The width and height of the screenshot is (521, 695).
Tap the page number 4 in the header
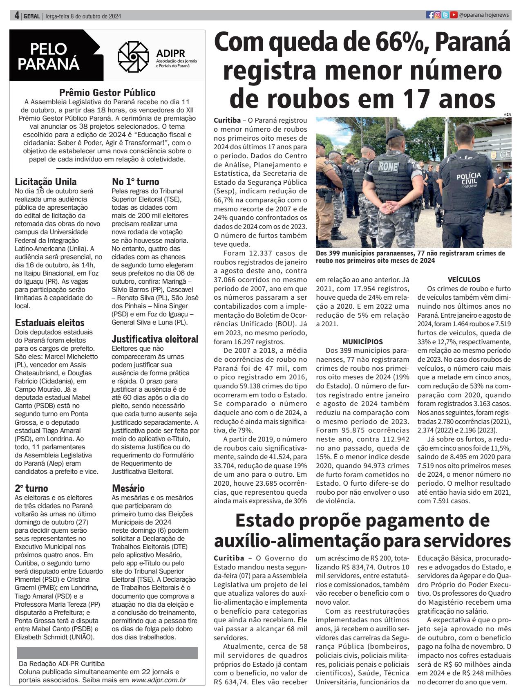pyautogui.click(x=17, y=16)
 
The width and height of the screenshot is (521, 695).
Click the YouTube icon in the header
pyautogui.click(x=454, y=15)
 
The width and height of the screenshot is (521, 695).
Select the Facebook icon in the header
pyautogui.click(x=429, y=15)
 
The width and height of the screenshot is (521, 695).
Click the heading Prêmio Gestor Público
pyautogui.click(x=107, y=92)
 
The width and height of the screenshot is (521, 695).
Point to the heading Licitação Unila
pyautogui.click(x=46, y=182)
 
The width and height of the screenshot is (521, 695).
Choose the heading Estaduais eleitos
pyautogui.click(x=50, y=323)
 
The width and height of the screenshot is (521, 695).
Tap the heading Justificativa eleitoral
pyautogui.click(x=155, y=339)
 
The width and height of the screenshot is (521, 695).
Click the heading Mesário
pyautogui.click(x=128, y=488)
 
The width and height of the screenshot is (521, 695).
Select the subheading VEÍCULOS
pyautogui.click(x=464, y=280)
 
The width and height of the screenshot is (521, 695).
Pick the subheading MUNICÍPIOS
pyautogui.click(x=362, y=341)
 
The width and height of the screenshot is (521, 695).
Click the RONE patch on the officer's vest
pyautogui.click(x=388, y=166)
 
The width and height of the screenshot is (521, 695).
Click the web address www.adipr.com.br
pyautogui.click(x=159, y=680)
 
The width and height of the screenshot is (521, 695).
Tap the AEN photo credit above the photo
pyautogui.click(x=508, y=114)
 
